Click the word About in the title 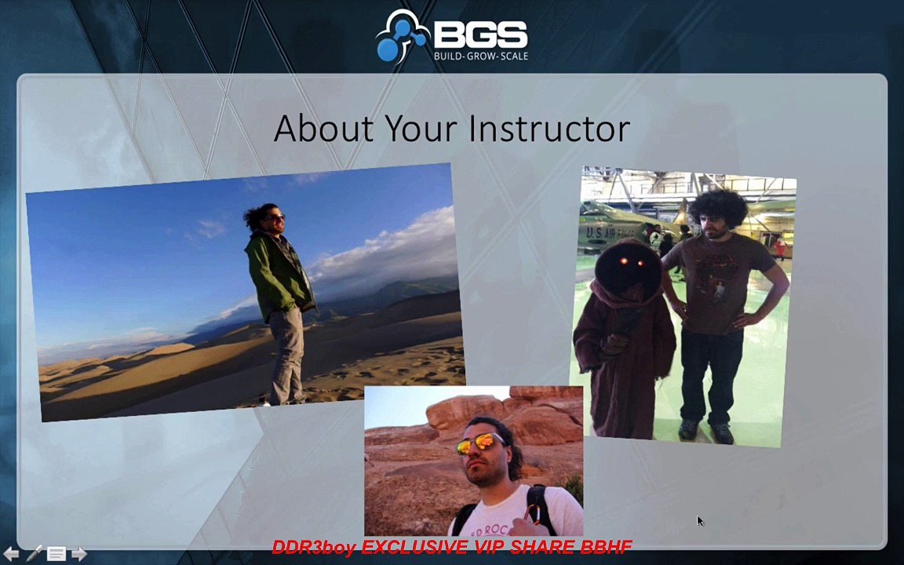point(323,128)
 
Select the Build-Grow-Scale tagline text point(480,56)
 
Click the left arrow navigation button point(11,554)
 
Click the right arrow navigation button point(79,554)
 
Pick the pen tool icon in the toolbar point(34,553)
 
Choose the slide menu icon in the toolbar point(56,554)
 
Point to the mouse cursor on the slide point(700,521)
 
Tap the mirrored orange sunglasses point(479,443)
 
